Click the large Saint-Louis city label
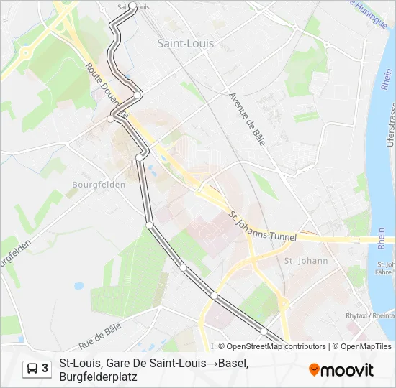point(185,43)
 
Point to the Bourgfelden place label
point(99,184)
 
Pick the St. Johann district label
point(306,261)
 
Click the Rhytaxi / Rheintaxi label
point(369,315)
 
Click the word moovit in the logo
point(347,370)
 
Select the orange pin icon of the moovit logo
point(314,370)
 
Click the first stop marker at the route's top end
point(132,6)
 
